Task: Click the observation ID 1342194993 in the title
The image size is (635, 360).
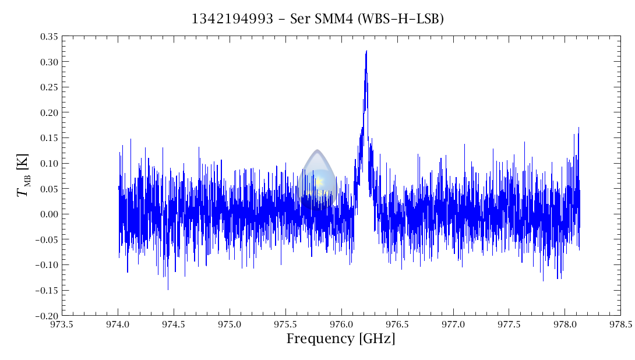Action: [x=232, y=19]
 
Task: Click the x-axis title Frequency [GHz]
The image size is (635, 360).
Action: [x=341, y=338]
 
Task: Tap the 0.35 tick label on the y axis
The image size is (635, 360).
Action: [x=48, y=37]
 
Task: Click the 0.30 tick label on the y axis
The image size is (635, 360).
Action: [x=48, y=62]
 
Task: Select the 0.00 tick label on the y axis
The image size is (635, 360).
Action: [x=48, y=214]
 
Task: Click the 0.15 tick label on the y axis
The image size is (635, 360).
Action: [x=48, y=138]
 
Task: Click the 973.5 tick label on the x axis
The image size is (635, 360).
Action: [x=62, y=324]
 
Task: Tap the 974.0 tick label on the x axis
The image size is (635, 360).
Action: [x=118, y=324]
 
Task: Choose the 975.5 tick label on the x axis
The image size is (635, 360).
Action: [x=285, y=324]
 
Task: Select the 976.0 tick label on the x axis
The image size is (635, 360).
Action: [x=341, y=324]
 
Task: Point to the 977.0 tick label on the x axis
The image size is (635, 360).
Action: [x=453, y=324]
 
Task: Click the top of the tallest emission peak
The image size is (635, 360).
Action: [x=366, y=51]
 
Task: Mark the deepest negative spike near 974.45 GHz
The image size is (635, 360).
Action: [x=168, y=290]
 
